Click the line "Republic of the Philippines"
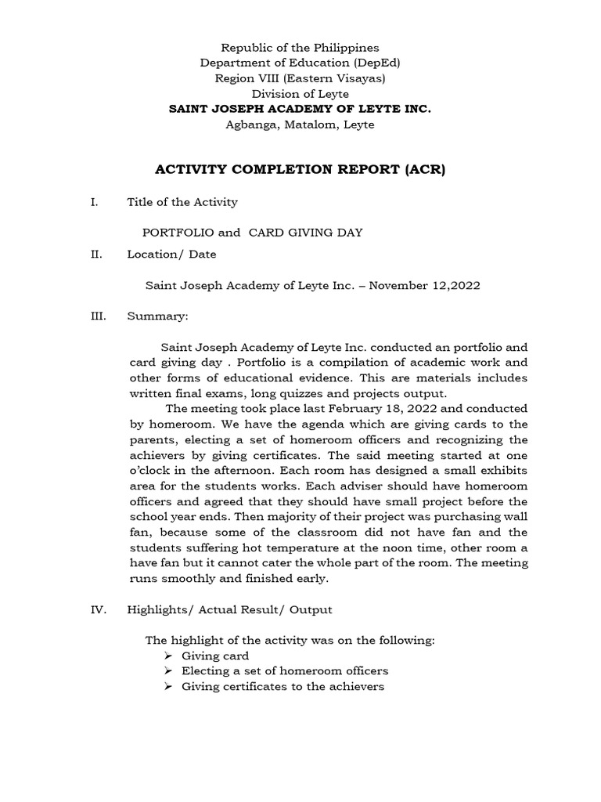point(300,48)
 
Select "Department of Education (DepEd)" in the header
point(300,63)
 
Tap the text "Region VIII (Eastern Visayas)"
point(300,78)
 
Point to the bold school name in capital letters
point(300,109)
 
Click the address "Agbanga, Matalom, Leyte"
point(300,125)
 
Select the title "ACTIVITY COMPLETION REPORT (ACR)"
point(300,169)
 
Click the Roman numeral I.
point(94,202)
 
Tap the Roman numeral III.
point(98,317)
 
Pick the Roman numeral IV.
point(98,609)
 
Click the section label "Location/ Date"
point(171,254)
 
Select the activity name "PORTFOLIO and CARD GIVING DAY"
point(252,233)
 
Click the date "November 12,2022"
point(425,286)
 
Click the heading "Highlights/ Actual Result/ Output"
point(229,609)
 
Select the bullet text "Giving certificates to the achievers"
point(283,686)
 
